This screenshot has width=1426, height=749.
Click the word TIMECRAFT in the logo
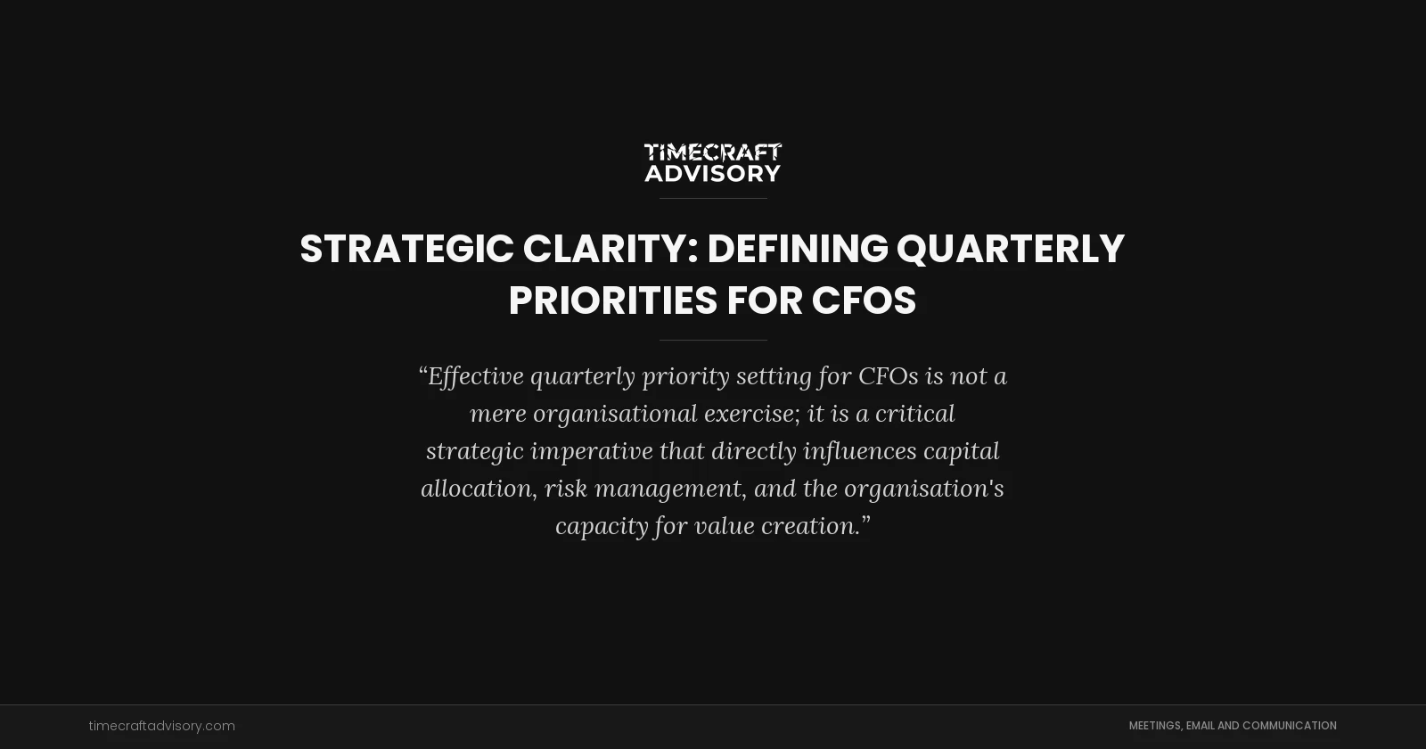[x=713, y=152]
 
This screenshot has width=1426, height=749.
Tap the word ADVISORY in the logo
[x=713, y=173]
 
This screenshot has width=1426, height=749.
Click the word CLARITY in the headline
[x=605, y=249]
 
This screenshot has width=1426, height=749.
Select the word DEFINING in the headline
[x=798, y=249]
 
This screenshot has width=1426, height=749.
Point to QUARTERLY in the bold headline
[x=1010, y=249]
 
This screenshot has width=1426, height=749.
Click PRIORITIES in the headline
[x=612, y=300]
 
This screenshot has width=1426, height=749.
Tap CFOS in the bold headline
[x=864, y=300]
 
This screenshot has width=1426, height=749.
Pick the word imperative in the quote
[x=592, y=451]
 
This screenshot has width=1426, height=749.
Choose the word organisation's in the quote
[x=923, y=489]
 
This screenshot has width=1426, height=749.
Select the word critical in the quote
[x=914, y=414]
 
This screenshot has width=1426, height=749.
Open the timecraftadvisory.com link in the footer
[x=161, y=726]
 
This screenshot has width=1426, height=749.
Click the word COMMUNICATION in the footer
[x=1289, y=726]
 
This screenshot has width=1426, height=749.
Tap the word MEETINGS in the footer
[x=1155, y=726]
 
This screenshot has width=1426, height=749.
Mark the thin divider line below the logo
[x=713, y=198]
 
